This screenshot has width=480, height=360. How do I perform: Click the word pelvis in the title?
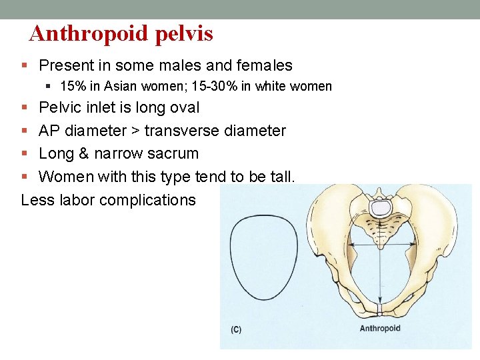click(x=184, y=34)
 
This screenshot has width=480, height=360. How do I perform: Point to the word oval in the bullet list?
click(x=181, y=107)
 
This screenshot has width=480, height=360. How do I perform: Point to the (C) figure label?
click(x=236, y=329)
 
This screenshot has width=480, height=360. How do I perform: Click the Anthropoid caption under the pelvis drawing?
click(x=380, y=328)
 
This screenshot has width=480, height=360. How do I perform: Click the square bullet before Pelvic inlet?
click(x=25, y=108)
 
